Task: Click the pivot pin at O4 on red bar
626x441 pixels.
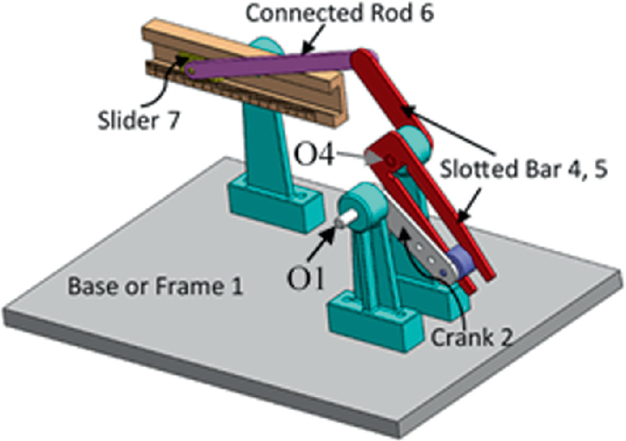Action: pos(390,162)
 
